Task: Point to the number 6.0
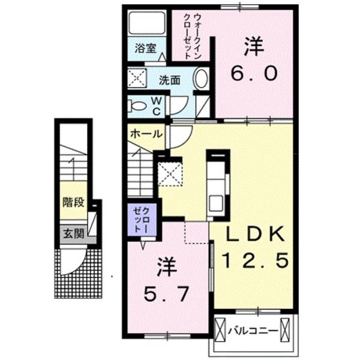click(254, 73)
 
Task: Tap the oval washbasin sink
click(202, 79)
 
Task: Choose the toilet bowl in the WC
click(137, 107)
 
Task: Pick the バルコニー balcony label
click(253, 330)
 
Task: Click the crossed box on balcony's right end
click(287, 330)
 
